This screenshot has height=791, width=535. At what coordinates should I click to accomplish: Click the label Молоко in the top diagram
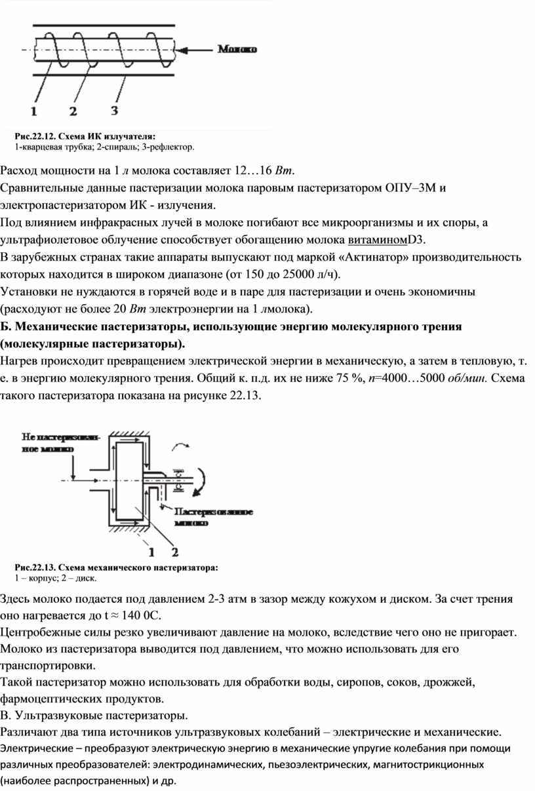pos(237,48)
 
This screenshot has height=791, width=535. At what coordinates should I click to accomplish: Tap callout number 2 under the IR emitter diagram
pos(73,110)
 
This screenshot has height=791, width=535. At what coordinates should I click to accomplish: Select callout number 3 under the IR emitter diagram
pos(115,109)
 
